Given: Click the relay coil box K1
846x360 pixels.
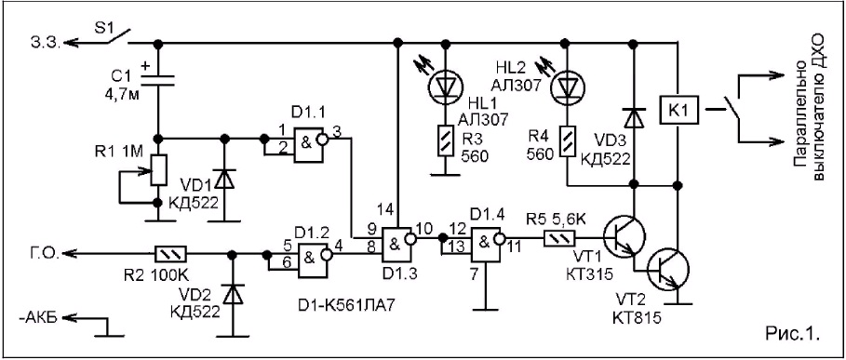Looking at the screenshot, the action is (677, 113).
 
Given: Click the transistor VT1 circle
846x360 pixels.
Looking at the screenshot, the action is (624, 236).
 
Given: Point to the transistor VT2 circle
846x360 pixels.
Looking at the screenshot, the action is (669, 270).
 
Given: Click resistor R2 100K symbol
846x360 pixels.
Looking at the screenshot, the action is (171, 252).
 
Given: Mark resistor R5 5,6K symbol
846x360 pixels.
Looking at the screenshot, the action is (560, 236).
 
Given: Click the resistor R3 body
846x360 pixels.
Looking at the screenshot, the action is (445, 140).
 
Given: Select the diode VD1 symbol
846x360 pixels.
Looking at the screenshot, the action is (225, 180).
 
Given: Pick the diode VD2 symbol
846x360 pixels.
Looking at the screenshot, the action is (233, 294).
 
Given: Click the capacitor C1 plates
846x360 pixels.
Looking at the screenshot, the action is (158, 81).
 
